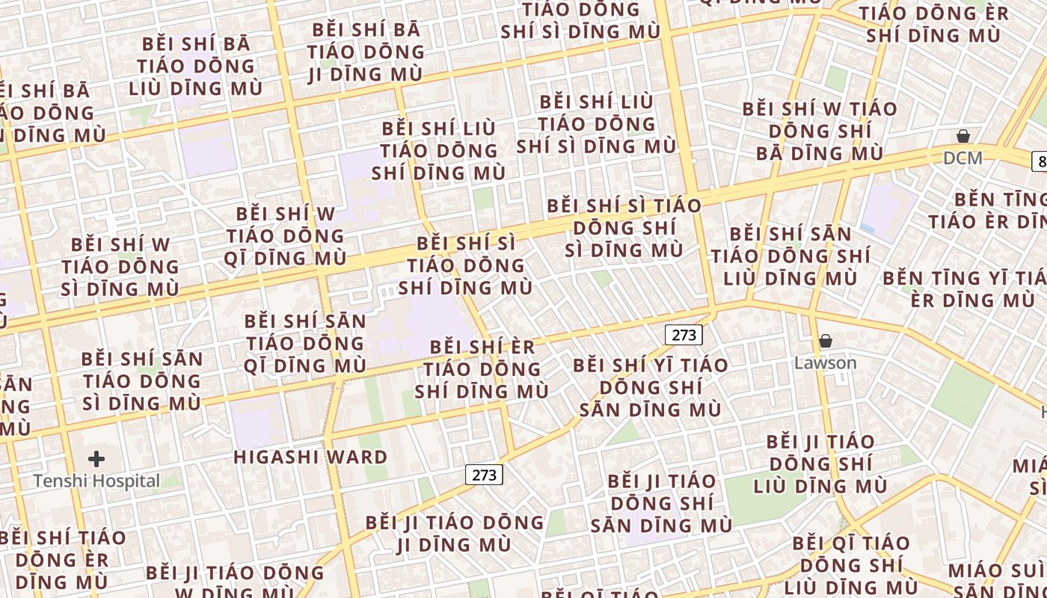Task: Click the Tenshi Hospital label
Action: point(96,481)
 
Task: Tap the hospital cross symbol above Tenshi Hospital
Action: point(96,458)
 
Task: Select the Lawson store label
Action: point(825,363)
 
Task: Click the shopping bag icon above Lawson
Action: point(826,342)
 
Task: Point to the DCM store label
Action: point(962,158)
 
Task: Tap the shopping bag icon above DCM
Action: point(963,136)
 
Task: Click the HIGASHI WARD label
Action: point(310,457)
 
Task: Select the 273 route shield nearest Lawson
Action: point(684,335)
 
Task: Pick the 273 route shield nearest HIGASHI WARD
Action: point(484,475)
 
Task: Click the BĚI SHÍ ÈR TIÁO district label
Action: point(482,369)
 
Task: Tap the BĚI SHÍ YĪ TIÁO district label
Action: point(650,387)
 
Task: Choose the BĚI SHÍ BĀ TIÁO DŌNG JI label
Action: point(366,52)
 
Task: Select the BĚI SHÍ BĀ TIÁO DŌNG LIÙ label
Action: point(196,66)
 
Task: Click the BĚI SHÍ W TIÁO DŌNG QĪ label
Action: point(285,236)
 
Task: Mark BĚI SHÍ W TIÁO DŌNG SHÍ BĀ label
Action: point(820,131)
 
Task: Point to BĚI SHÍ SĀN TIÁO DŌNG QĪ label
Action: point(305,344)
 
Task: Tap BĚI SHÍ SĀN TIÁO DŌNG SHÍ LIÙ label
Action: point(790,256)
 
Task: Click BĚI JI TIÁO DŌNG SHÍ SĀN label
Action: point(662,502)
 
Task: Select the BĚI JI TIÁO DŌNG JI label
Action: point(454,533)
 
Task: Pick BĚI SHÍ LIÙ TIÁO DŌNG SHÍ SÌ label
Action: point(596,123)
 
